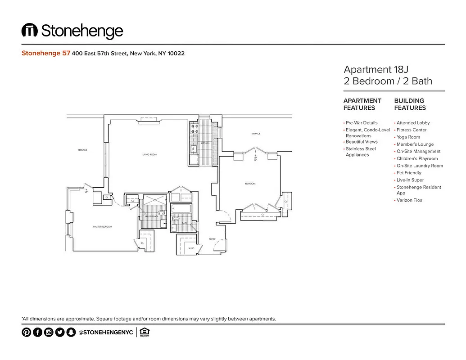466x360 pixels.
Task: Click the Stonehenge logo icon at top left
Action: (30, 31)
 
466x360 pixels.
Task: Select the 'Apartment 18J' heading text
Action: (376, 69)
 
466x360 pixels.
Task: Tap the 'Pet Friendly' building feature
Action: (409, 173)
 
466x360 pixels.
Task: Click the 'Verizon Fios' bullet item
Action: (409, 200)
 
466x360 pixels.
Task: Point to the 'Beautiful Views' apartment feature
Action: (362, 142)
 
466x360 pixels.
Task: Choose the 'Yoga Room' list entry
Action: (408, 137)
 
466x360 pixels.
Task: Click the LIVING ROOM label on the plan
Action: (149, 155)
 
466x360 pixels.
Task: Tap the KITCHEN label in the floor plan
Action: (205, 143)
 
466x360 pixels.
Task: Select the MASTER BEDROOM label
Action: (102, 227)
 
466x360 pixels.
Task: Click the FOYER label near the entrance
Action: (212, 239)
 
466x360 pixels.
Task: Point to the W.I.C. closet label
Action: (185, 248)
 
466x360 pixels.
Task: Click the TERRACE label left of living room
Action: (82, 150)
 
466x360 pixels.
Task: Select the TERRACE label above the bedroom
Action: (256, 134)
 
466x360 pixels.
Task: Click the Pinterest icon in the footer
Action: (27, 333)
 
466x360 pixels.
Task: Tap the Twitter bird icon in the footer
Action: (60, 333)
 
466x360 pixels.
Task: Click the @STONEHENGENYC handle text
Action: (105, 333)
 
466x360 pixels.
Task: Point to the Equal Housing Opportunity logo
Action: (145, 333)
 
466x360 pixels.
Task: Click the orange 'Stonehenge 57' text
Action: (45, 53)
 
